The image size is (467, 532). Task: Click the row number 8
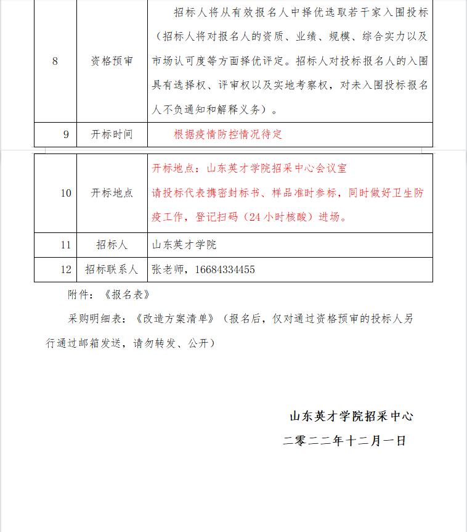coord(55,61)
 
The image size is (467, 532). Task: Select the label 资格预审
coord(112,61)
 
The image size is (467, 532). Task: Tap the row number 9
coord(66,134)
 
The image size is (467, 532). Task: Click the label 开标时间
coord(112,134)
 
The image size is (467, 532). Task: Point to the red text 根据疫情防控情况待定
coord(228,134)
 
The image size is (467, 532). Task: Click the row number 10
coord(66,193)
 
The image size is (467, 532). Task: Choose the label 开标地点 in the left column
coord(112,193)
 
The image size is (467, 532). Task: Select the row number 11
coord(66,245)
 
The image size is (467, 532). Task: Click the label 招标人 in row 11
coord(112,245)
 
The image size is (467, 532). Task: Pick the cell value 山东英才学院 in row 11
coord(184,245)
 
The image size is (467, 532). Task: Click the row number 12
coord(66,269)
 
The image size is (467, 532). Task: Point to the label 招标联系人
coord(112,269)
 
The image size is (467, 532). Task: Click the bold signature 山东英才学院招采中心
coord(351,416)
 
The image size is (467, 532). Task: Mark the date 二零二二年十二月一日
coord(344,441)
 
